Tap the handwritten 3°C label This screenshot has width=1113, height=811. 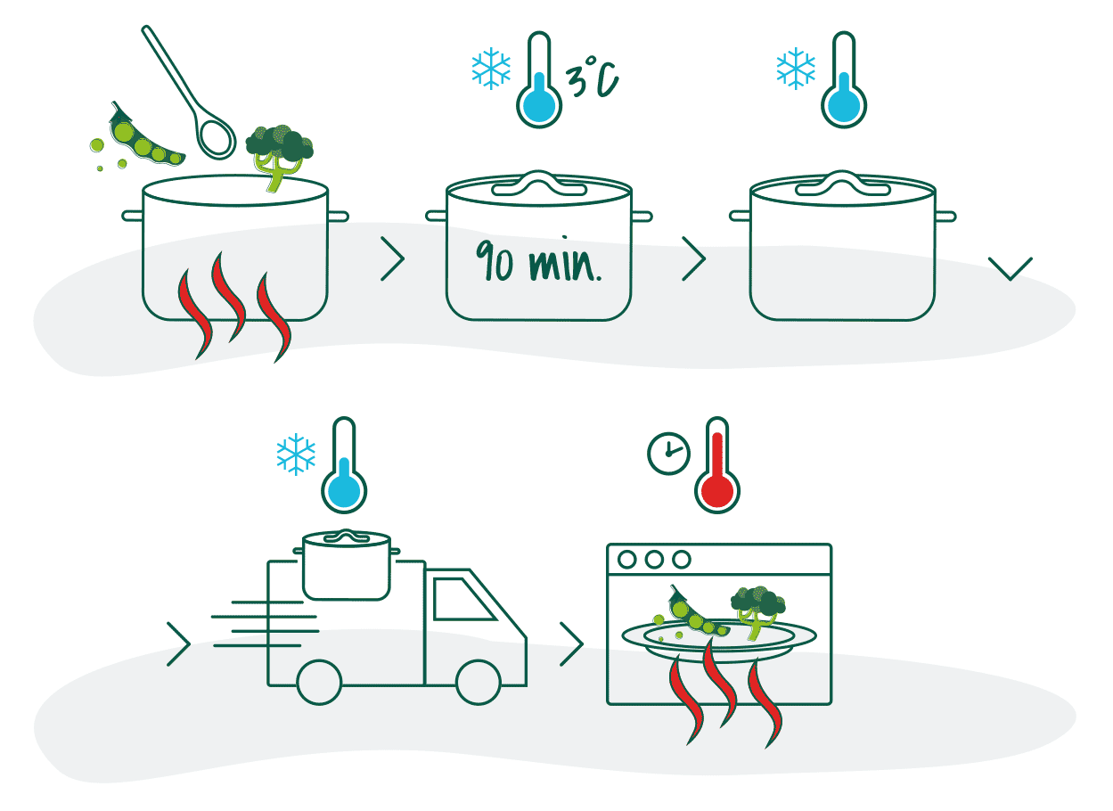(592, 77)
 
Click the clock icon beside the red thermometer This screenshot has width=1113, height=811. (669, 454)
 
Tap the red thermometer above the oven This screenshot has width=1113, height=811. (717, 465)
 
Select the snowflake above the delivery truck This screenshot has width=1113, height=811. (296, 455)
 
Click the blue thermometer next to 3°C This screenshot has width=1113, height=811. (539, 79)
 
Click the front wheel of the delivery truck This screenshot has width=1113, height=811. (479, 683)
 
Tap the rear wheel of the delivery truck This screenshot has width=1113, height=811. (320, 683)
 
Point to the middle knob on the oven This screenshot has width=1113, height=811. (654, 560)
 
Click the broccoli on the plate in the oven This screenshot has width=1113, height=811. (757, 612)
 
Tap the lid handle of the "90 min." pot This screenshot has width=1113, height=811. (539, 184)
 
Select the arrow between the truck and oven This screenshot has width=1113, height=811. (572, 644)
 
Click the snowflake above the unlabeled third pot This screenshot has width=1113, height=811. (796, 69)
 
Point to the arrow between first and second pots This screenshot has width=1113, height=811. (393, 259)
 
